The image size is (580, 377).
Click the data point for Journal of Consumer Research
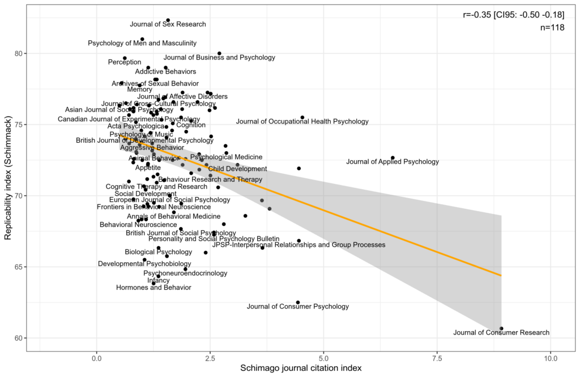click(x=501, y=328)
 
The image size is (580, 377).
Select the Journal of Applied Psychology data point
click(x=393, y=158)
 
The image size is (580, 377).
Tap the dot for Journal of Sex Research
click(x=168, y=20)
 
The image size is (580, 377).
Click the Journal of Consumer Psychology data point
click(x=298, y=302)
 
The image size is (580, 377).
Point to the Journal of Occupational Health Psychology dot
click(x=302, y=118)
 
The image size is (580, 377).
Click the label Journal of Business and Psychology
click(x=219, y=58)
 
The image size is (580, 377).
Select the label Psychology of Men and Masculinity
click(x=142, y=43)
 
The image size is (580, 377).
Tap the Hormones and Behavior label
click(x=153, y=288)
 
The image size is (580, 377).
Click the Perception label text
click(x=124, y=62)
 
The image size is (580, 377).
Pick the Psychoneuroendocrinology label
click(x=185, y=273)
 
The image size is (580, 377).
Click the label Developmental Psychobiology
click(x=141, y=264)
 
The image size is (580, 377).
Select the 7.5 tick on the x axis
click(x=437, y=358)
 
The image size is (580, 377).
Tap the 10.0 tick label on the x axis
click(x=550, y=358)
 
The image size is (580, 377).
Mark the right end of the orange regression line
click(x=501, y=276)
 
